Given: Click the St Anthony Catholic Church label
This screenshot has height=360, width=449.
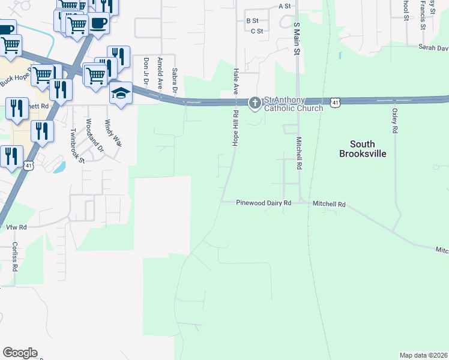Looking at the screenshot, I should click(293, 104).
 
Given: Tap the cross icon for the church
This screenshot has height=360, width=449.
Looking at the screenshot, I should click(255, 104).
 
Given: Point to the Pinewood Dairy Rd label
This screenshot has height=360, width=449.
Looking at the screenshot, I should click(264, 203).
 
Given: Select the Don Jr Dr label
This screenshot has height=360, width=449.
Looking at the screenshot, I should click(145, 72).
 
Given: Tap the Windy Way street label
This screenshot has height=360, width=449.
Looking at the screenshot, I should click(112, 133).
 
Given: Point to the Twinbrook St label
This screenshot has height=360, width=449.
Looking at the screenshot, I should click(76, 145).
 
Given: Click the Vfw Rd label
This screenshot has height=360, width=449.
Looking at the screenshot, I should click(16, 227).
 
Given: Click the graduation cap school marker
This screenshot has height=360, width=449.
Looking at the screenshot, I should click(121, 94).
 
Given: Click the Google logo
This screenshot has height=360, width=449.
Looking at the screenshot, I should click(20, 353).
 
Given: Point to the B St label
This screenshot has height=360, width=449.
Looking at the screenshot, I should click(252, 20).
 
